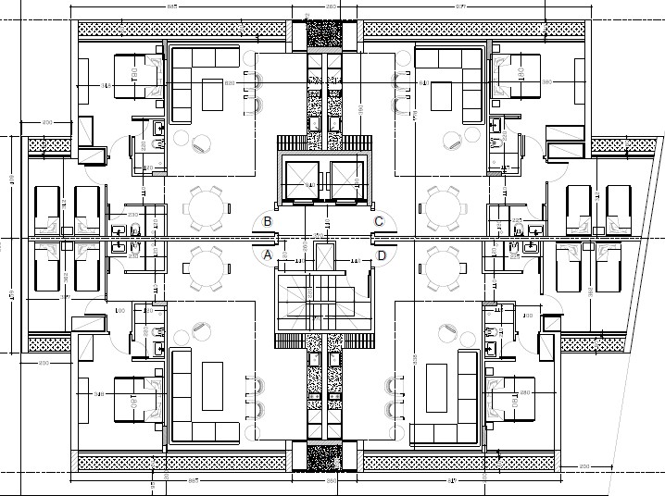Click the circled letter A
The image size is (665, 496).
click(x=268, y=254)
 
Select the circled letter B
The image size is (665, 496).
click(x=268, y=221)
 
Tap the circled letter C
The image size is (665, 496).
click(x=379, y=221)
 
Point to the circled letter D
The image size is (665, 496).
click(x=382, y=254)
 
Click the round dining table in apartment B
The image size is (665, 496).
click(x=206, y=207)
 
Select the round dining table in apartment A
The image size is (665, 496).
click(x=206, y=268)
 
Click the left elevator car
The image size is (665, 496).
click(x=304, y=180)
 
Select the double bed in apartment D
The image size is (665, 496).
click(x=512, y=397)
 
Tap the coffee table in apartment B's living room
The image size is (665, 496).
click(x=213, y=96)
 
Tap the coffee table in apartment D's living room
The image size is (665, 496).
click(x=438, y=387)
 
